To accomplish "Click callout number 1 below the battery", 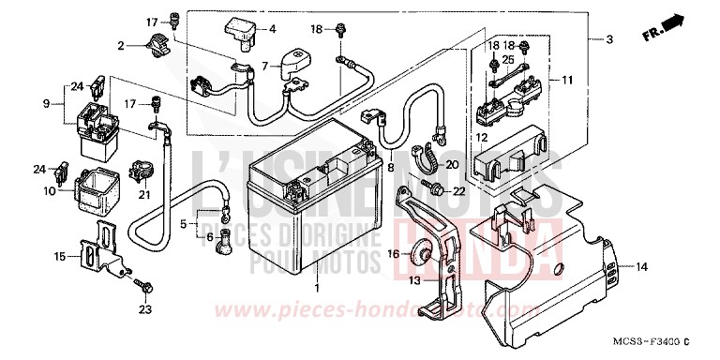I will (x=317, y=286).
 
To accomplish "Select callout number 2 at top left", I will (x=121, y=45).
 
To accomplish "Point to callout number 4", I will (x=273, y=29).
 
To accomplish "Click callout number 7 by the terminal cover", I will (x=265, y=66).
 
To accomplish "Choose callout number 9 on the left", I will (x=47, y=103).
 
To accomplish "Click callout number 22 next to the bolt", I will (x=458, y=191).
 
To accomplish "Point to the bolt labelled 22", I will (x=435, y=190).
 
